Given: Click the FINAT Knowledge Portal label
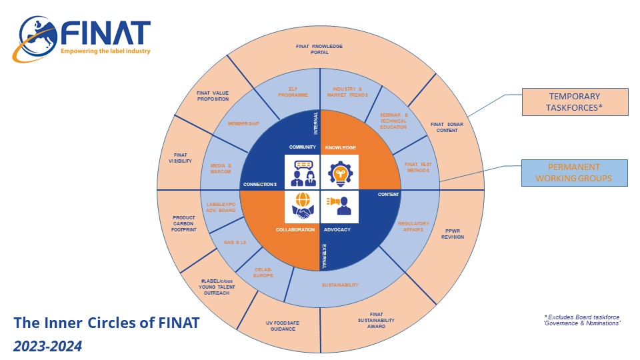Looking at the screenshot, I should pyautogui.click(x=319, y=49).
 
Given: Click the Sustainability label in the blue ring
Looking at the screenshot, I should pyautogui.click(x=341, y=285).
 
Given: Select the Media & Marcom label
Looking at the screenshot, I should pyautogui.click(x=221, y=169).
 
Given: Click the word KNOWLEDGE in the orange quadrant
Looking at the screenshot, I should pyautogui.click(x=341, y=147).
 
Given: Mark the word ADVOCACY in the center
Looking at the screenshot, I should pyautogui.click(x=337, y=230).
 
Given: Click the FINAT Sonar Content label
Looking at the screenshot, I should pyautogui.click(x=446, y=127).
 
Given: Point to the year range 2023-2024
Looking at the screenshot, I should pyautogui.click(x=47, y=346).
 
